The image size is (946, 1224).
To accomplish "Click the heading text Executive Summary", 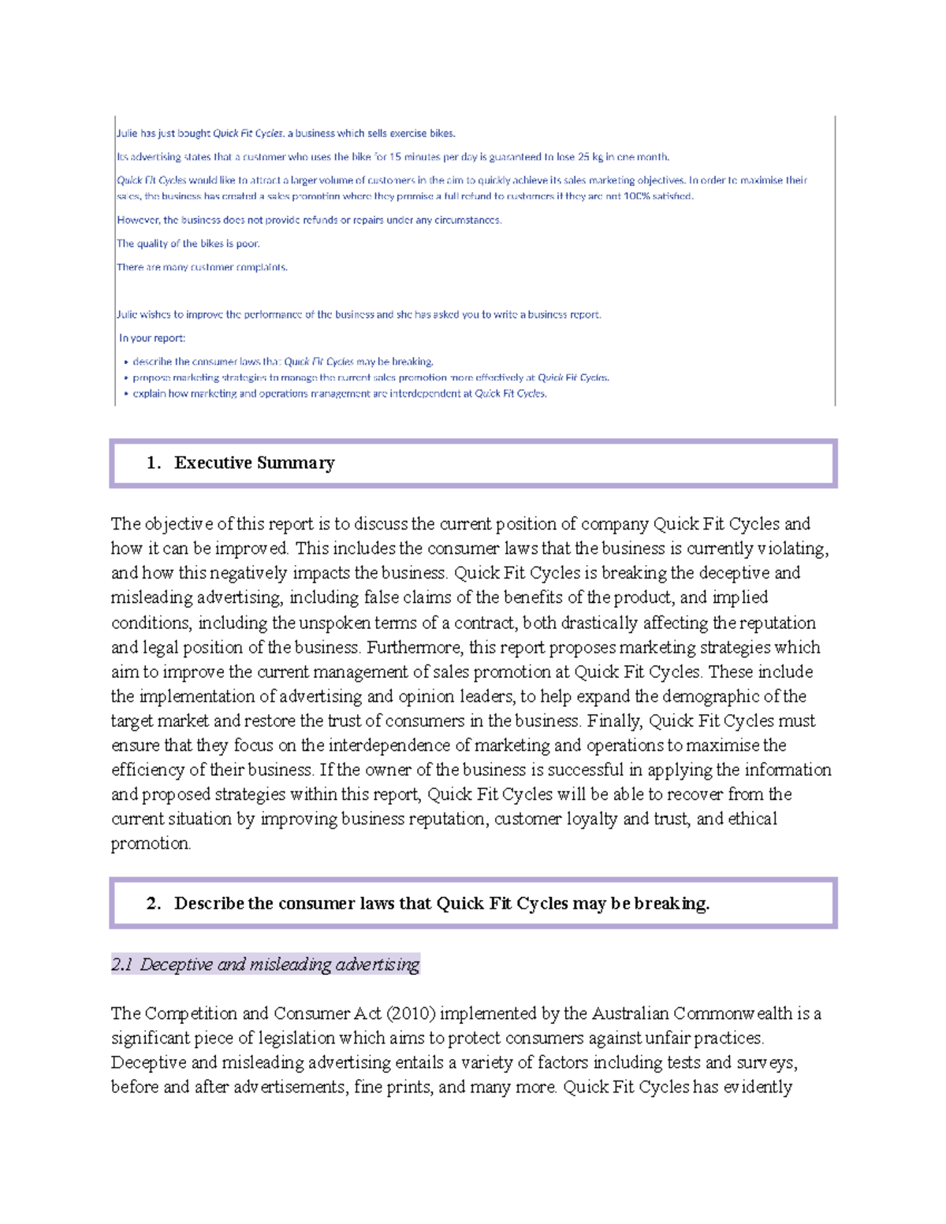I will tap(254, 463).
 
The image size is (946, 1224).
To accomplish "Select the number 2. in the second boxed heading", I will tap(154, 903).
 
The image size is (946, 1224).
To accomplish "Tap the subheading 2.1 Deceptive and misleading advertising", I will tap(265, 964).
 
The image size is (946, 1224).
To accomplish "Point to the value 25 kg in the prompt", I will tap(590, 157).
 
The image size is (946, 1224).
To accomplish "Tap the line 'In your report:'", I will tap(152, 338).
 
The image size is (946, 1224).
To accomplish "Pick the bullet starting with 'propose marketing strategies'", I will tap(371, 378).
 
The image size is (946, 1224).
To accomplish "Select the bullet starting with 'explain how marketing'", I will tap(339, 393).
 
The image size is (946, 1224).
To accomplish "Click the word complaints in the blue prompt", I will tap(263, 267).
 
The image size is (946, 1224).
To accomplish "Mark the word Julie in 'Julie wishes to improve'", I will tap(126, 314).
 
